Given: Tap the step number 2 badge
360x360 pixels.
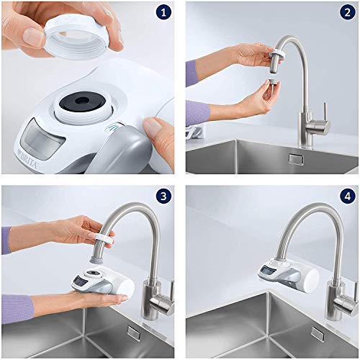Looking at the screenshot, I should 346,14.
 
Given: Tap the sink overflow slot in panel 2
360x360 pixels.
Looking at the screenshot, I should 294,158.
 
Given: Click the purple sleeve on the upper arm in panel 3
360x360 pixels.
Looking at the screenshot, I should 6,240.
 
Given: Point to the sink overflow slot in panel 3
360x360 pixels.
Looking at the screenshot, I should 134,333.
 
